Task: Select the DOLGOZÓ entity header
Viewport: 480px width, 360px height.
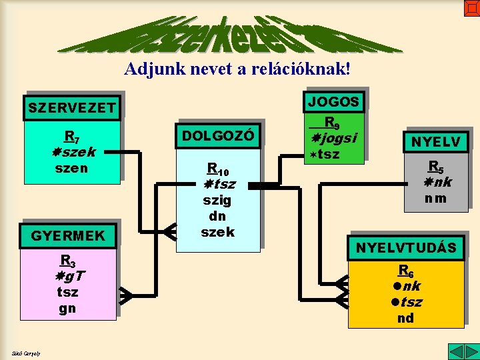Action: click(x=218, y=135)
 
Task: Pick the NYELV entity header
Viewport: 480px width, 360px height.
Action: click(x=435, y=142)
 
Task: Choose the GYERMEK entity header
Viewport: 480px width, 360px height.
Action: click(x=68, y=235)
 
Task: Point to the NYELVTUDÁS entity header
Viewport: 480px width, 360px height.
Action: click(x=406, y=248)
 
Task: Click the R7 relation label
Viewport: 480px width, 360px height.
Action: click(x=71, y=137)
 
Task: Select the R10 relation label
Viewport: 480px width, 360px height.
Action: click(x=217, y=169)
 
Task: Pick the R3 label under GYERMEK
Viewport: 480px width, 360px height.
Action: click(x=67, y=261)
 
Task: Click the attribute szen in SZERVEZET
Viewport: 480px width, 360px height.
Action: click(x=71, y=168)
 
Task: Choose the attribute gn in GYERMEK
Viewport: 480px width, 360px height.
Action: click(x=67, y=308)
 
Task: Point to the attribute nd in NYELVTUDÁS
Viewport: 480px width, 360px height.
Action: click(x=405, y=317)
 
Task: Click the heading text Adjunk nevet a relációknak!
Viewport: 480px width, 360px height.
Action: click(x=237, y=68)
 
